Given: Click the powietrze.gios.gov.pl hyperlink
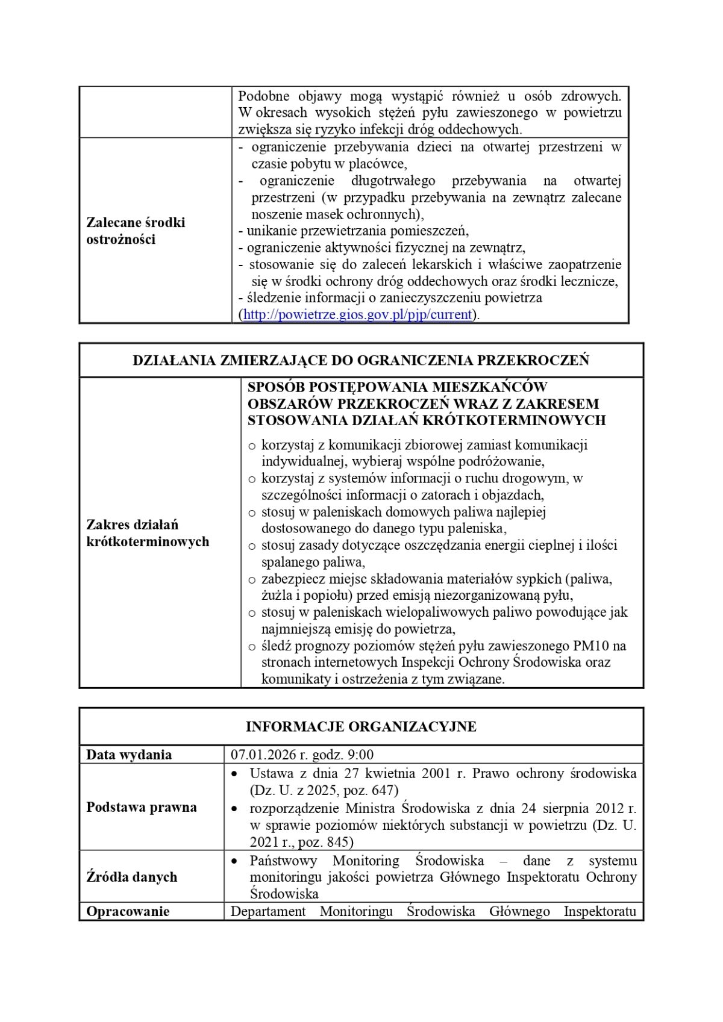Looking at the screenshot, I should click(x=357, y=314).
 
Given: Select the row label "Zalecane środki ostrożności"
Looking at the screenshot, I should click(x=136, y=231).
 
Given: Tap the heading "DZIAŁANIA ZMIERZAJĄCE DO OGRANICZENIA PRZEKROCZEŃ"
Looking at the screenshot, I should click(x=361, y=360).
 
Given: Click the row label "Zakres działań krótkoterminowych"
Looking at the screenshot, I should click(x=148, y=533).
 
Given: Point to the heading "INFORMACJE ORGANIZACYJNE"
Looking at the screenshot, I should click(x=361, y=726).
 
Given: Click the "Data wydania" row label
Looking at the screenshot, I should click(x=129, y=755).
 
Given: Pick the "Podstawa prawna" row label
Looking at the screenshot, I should click(x=142, y=807).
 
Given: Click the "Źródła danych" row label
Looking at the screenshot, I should click(x=132, y=877).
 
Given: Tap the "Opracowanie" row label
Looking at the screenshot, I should click(x=128, y=911).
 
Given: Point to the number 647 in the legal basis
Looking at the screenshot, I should click(x=383, y=790).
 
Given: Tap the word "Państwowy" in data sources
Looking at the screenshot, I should click(x=283, y=861).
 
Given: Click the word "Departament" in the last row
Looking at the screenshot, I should click(x=268, y=911).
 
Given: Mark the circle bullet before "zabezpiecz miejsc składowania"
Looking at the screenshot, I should click(x=252, y=580).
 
